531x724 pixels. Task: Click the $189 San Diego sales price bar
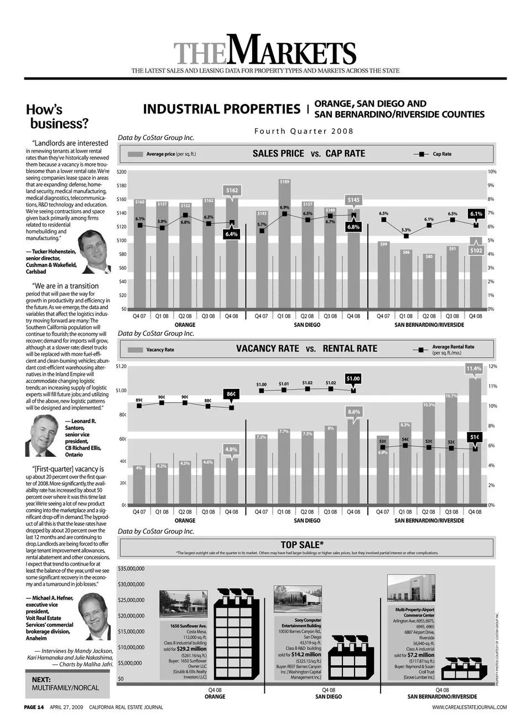pyautogui.click(x=284, y=243)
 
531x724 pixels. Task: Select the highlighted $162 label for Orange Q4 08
pyautogui.click(x=232, y=190)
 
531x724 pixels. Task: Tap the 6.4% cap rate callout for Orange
pyautogui.click(x=231, y=234)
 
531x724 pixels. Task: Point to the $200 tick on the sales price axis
pyautogui.click(x=121, y=172)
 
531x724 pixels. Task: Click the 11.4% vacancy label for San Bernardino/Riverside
pyautogui.click(x=474, y=368)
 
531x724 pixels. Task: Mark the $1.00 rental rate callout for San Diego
pyautogui.click(x=353, y=378)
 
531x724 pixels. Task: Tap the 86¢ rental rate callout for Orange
pyautogui.click(x=231, y=394)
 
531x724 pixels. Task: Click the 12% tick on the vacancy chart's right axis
pyautogui.click(x=492, y=366)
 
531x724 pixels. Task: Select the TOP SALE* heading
pyautogui.click(x=302, y=545)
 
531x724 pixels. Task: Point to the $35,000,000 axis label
pyautogui.click(x=131, y=569)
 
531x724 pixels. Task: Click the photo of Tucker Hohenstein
pyautogui.click(x=93, y=247)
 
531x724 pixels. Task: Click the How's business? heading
pyautogui.click(x=57, y=116)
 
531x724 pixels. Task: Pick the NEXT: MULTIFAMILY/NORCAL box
pyautogui.click(x=67, y=684)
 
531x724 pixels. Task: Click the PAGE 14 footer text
pyautogui.click(x=34, y=707)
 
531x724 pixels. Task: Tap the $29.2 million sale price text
pyautogui.click(x=191, y=649)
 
